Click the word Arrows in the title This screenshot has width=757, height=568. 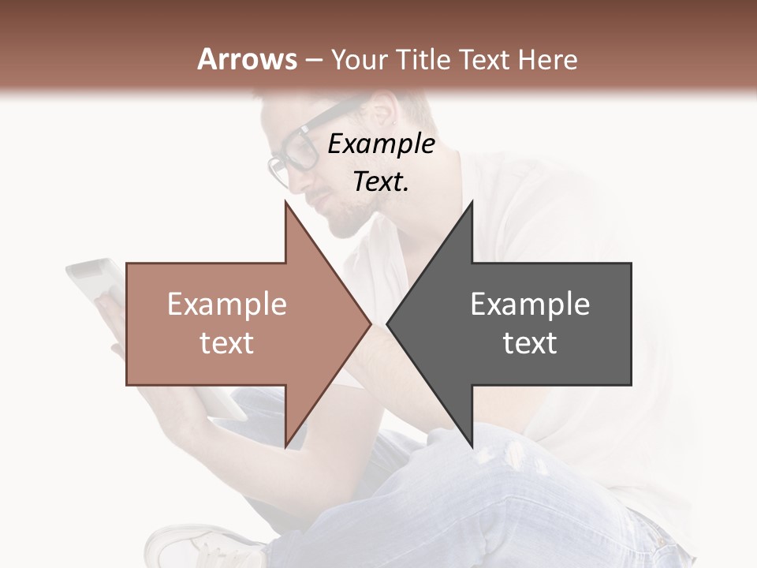point(248,59)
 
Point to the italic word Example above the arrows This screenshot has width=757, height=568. point(381,144)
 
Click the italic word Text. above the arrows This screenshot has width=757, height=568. point(381,181)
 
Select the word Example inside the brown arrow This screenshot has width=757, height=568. point(227,304)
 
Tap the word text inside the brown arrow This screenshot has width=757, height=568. point(227,343)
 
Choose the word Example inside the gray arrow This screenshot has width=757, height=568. point(530,304)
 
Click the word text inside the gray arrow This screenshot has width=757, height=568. point(530,343)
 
